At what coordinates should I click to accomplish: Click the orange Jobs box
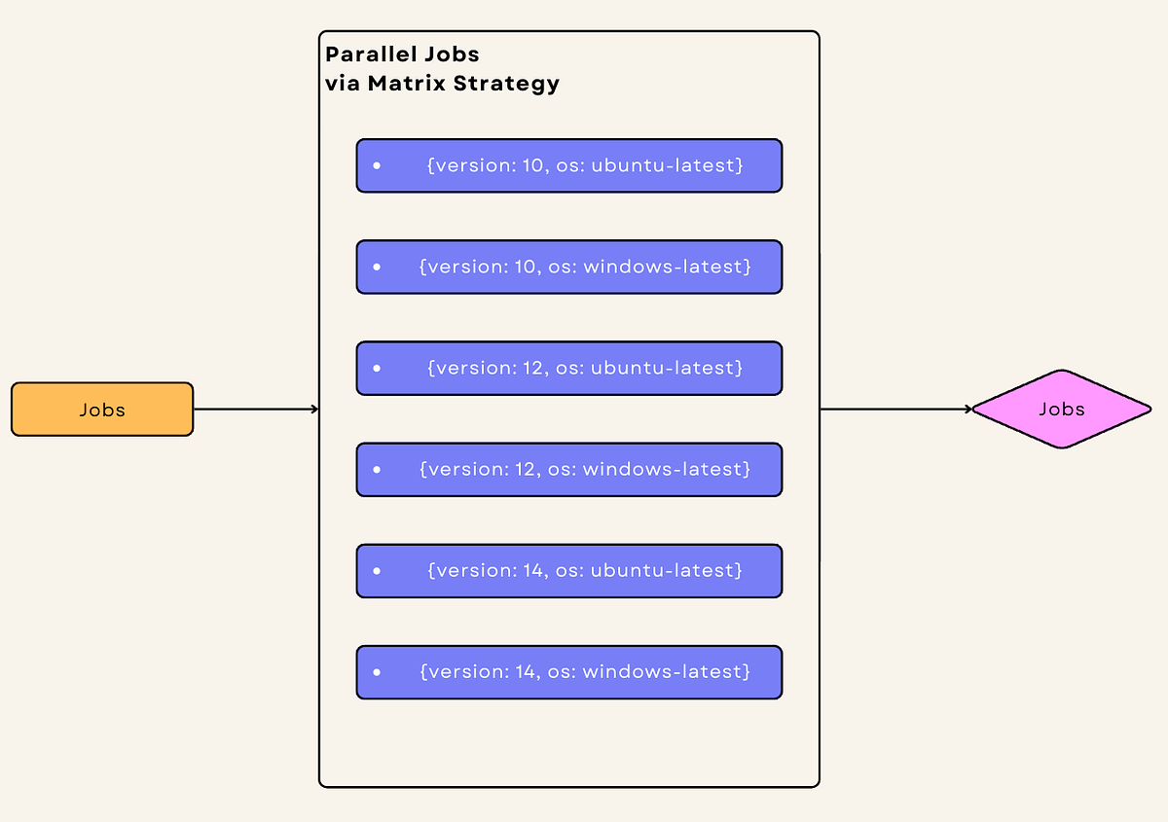pos(102,410)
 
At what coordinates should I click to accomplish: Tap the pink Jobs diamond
pos(1061,410)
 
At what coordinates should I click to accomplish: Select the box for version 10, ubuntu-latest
pos(569,165)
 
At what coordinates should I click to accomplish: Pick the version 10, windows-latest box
pos(569,267)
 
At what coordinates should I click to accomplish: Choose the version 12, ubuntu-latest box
pos(569,368)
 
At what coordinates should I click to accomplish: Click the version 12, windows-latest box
pos(569,469)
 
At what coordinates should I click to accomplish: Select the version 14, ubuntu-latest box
pos(569,570)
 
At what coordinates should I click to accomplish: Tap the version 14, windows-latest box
pos(569,671)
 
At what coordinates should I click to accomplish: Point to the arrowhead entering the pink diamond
pos(967,410)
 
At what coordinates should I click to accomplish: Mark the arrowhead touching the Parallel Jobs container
pos(314,410)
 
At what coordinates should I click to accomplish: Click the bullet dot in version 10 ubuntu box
pos(376,166)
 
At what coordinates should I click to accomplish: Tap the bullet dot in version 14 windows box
pos(376,672)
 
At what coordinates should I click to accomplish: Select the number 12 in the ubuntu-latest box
pos(533,368)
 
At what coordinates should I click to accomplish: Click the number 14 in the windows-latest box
pos(525,671)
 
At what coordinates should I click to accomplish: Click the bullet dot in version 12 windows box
pos(376,470)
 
